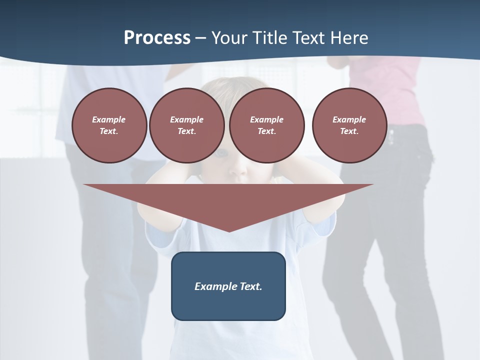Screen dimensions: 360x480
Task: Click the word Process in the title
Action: click(x=157, y=38)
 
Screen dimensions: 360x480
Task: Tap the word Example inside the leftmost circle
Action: click(x=108, y=119)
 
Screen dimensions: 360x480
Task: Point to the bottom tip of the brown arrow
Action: click(x=229, y=230)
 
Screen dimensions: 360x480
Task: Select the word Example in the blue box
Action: click(x=214, y=286)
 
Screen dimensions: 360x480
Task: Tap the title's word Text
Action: click(x=313, y=38)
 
